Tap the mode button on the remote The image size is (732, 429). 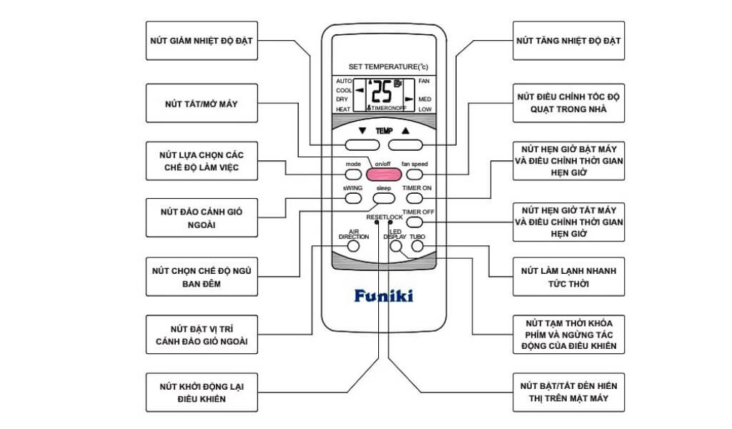(x=353, y=174)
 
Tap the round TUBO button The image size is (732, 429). (x=417, y=246)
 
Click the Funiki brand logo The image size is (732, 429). (x=383, y=295)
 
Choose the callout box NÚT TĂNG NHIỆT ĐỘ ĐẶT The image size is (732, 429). (x=569, y=41)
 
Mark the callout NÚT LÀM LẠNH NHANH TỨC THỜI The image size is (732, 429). (x=569, y=277)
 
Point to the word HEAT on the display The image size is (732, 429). (x=343, y=109)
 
